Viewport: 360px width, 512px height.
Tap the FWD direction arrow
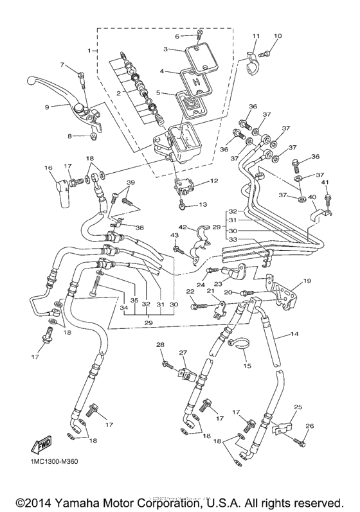tap(40, 445)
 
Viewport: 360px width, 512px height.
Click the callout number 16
tap(48, 168)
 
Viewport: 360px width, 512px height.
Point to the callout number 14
tap(295, 334)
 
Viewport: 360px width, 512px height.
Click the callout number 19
tap(307, 280)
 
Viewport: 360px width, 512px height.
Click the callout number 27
tap(183, 352)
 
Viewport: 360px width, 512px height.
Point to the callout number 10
tap(278, 36)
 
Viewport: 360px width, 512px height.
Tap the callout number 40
tap(312, 197)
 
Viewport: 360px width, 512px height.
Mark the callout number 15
tap(246, 366)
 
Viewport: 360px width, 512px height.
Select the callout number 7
tap(62, 64)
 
